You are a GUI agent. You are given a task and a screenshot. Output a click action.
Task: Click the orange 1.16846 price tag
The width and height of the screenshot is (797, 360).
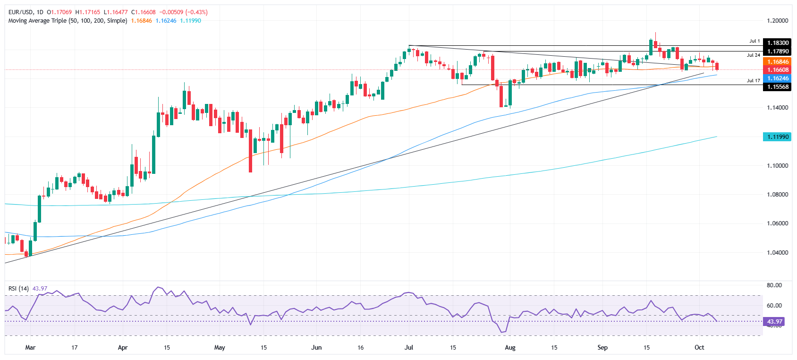point(777,62)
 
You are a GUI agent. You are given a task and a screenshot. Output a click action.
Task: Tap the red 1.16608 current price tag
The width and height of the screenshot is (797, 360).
point(777,70)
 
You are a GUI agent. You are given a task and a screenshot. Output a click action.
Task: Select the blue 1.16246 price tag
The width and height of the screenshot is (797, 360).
point(777,78)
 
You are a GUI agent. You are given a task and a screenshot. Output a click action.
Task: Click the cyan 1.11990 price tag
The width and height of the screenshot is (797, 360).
point(777,137)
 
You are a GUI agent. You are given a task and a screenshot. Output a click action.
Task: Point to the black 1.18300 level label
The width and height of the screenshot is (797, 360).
point(777,43)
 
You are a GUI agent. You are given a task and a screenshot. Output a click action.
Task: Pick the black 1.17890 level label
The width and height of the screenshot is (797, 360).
point(777,51)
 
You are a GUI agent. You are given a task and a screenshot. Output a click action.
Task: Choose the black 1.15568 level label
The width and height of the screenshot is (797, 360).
point(777,87)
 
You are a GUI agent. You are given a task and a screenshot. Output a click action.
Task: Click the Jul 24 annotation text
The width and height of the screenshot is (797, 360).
point(754,55)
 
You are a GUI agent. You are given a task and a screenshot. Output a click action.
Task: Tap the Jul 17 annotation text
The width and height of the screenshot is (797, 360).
point(754,81)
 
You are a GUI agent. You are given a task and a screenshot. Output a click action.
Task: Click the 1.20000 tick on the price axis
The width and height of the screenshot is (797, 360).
point(777,21)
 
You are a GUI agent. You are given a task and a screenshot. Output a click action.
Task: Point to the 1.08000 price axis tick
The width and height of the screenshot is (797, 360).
point(777,195)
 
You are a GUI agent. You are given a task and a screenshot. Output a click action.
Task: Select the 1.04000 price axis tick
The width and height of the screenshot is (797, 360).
point(777,253)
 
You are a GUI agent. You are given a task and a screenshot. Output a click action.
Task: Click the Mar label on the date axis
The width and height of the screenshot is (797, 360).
point(30,348)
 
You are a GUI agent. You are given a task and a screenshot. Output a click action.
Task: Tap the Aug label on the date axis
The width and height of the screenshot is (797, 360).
point(510,348)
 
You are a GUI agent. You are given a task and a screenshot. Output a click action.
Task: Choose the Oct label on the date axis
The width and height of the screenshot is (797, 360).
point(699,348)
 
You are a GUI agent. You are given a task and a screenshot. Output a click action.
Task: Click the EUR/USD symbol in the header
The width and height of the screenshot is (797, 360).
point(21,12)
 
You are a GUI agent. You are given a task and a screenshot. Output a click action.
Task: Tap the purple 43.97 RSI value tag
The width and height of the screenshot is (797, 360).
point(774,322)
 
